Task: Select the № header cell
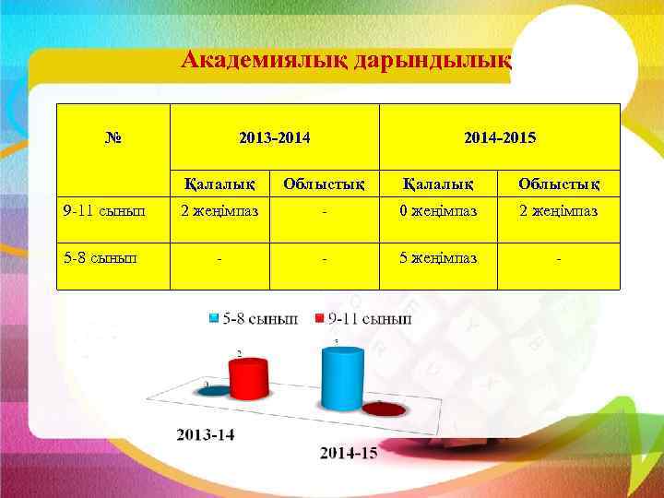(x=114, y=138)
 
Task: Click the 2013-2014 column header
(x=274, y=138)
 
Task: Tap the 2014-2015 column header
(x=500, y=138)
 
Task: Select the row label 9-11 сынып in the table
(x=104, y=210)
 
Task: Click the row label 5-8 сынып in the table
(x=101, y=257)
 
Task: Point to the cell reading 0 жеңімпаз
(x=438, y=210)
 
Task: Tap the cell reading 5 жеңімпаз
(x=438, y=257)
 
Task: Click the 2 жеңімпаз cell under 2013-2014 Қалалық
(x=219, y=210)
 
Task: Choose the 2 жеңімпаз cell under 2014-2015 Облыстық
(x=559, y=210)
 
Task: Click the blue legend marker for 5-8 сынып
(x=214, y=319)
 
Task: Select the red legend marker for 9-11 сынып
(x=321, y=319)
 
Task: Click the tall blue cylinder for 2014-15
(x=342, y=380)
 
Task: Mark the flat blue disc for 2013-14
(x=213, y=390)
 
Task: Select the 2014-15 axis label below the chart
(x=349, y=452)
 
